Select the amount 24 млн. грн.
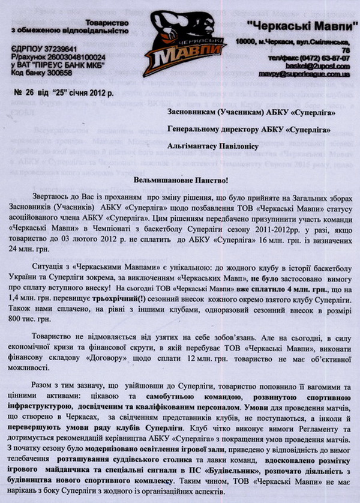(x=38, y=237)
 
